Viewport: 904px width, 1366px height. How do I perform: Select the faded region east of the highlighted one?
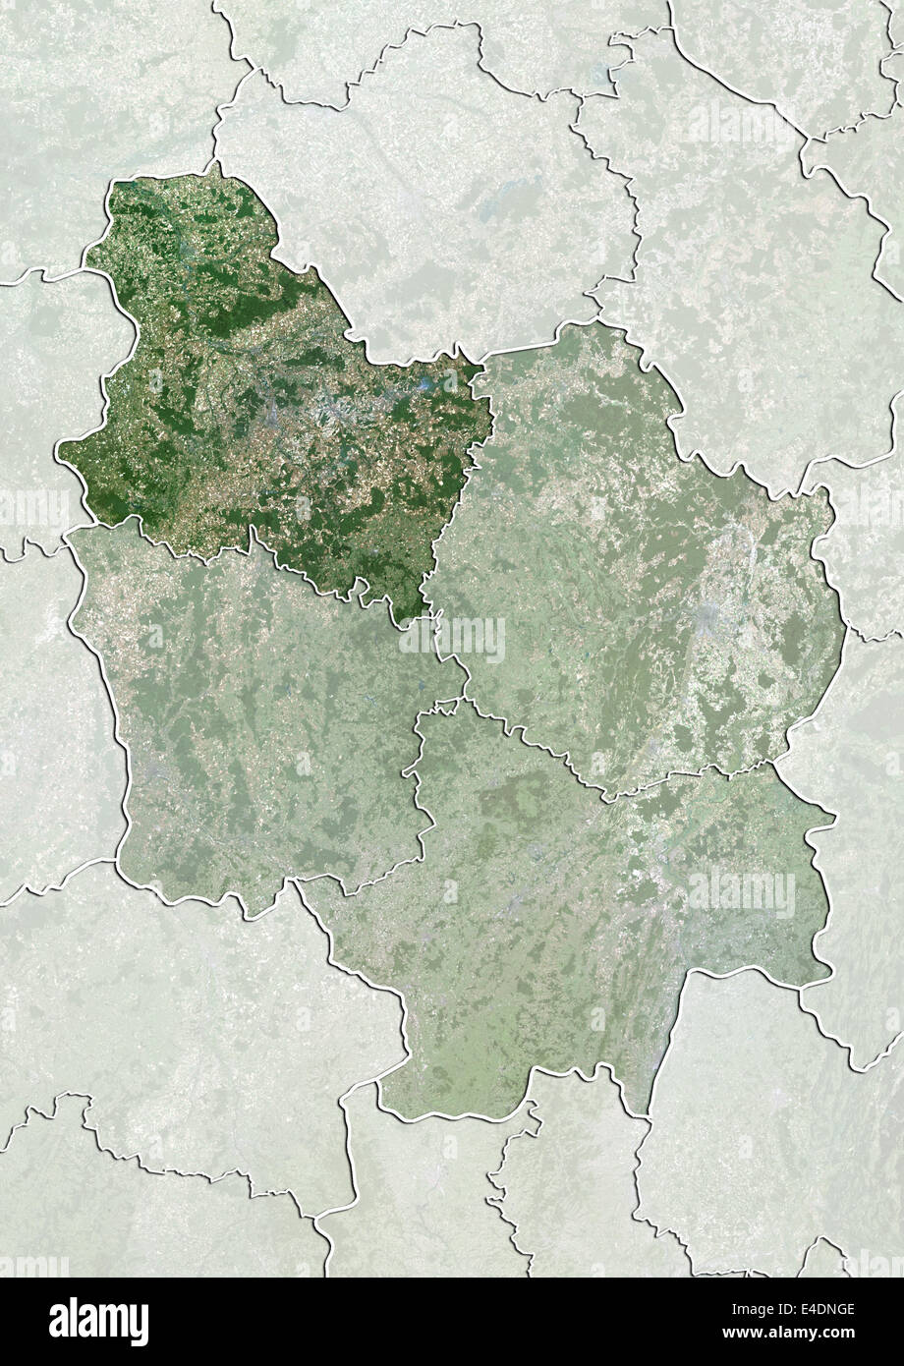[x=629, y=550]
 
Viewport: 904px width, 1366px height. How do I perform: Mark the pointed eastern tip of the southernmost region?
[x=834, y=815]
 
